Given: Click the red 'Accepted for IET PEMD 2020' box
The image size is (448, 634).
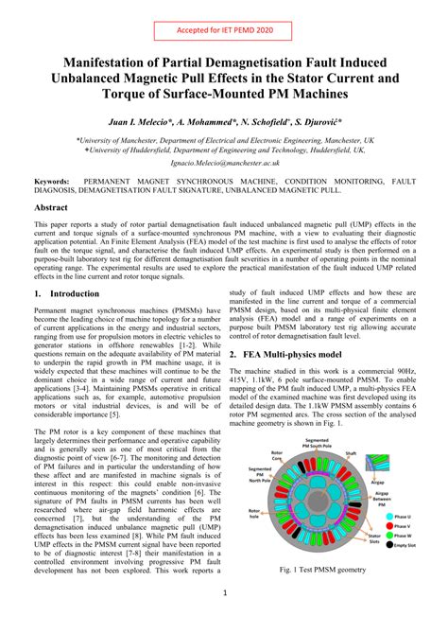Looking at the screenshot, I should (x=223, y=30).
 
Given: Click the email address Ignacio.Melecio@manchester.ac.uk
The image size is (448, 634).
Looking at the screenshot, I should (x=223, y=163).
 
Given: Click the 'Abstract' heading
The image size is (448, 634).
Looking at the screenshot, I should (x=51, y=206).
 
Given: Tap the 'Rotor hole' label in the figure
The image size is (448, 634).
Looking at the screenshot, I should (x=254, y=515).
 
